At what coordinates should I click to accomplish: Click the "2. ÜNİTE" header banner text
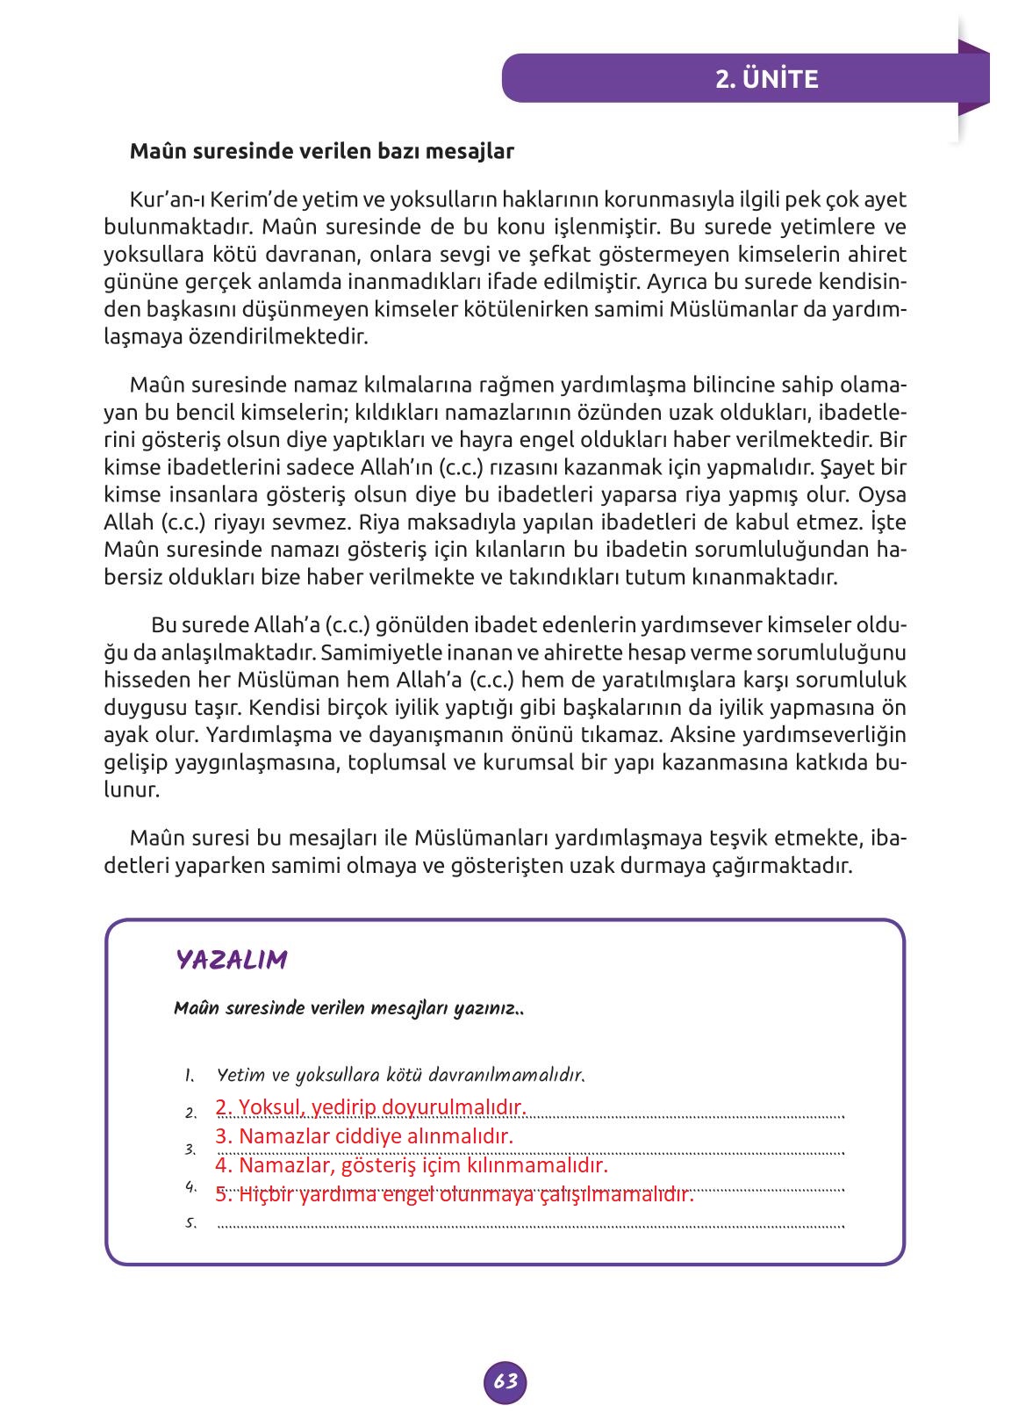coord(766,79)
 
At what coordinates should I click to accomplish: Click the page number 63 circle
coord(505,1380)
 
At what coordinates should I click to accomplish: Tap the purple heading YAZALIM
coord(232,959)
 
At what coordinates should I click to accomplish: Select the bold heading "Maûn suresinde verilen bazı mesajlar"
coord(321,151)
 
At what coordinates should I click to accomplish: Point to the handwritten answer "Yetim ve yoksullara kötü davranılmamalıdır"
coord(400,1075)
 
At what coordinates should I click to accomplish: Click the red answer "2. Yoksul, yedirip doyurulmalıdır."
coord(370,1106)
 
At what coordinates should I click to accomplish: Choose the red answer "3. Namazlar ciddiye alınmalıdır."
coord(364,1136)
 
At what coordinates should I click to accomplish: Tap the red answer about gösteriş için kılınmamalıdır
coord(412,1166)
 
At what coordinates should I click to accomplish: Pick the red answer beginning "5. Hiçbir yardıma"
coord(455,1195)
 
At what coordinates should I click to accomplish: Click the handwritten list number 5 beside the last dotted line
coord(190,1222)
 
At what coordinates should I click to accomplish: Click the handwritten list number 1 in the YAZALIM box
coord(189,1076)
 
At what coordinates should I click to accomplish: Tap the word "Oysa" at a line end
coord(884,494)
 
